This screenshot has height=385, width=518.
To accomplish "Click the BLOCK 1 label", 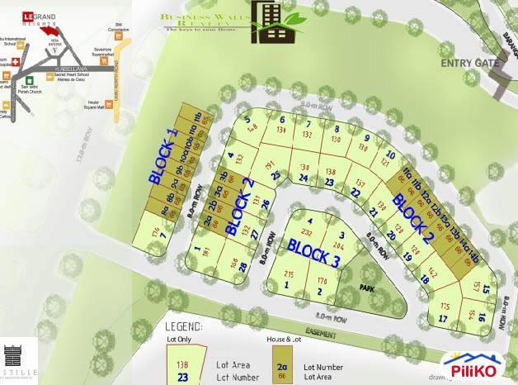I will point(162,155).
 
